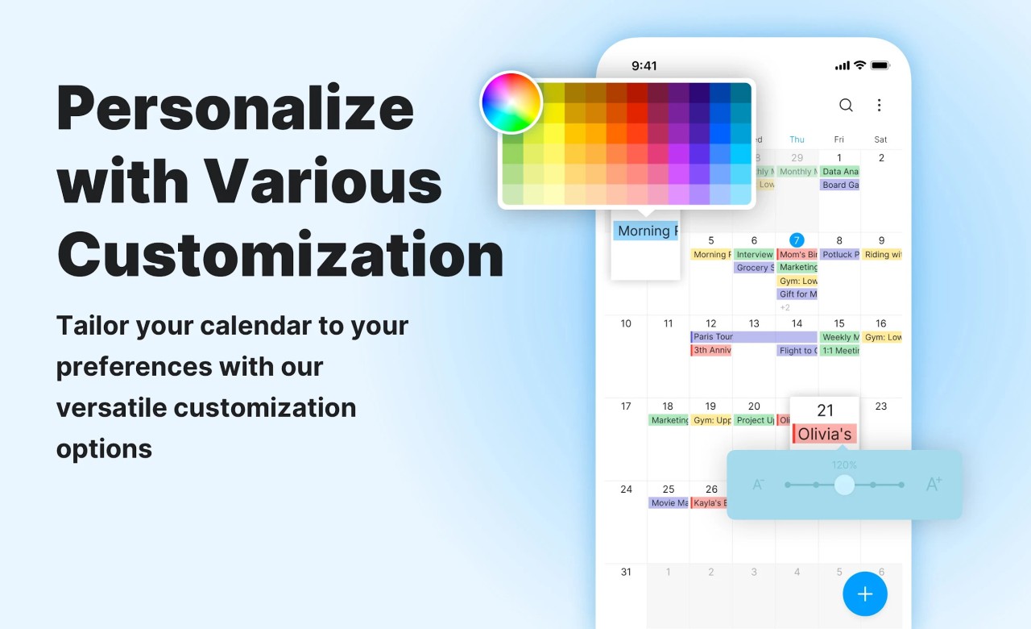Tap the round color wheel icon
511,102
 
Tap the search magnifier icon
846,105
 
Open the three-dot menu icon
879,105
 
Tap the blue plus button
865,594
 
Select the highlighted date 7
797,240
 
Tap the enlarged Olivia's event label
824,434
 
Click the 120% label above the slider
844,465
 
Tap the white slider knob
844,485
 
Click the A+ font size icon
934,485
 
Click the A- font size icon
759,485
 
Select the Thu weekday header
797,140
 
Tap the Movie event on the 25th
669,503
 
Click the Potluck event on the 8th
839,255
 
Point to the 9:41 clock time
644,66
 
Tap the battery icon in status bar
880,65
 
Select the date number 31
626,572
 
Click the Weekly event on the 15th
839,337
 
